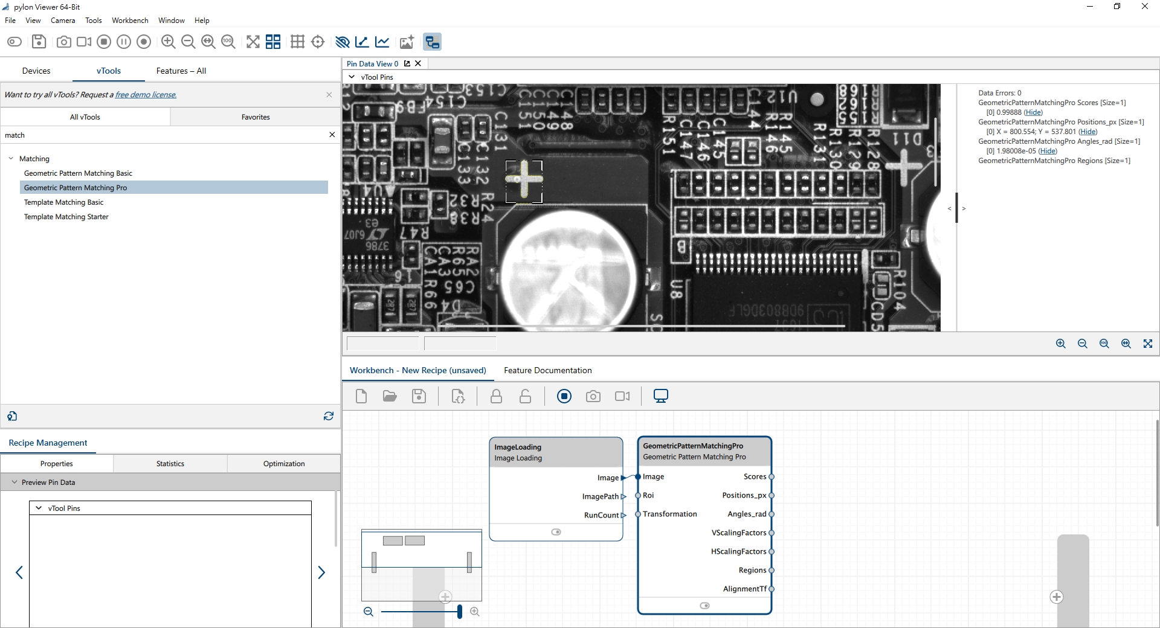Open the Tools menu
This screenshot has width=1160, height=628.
click(93, 21)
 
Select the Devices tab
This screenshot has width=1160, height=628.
click(36, 71)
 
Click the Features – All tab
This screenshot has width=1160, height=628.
click(181, 71)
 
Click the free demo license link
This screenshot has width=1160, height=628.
click(146, 95)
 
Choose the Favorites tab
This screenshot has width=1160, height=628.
click(255, 117)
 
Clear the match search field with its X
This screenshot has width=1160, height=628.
click(332, 135)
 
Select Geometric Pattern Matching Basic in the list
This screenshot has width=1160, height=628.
click(78, 173)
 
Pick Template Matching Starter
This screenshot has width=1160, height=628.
click(66, 217)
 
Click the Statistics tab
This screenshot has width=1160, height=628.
click(170, 464)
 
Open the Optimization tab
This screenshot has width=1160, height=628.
click(283, 464)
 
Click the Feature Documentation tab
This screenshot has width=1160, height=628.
click(547, 370)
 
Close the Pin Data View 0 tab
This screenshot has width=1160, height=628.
click(417, 63)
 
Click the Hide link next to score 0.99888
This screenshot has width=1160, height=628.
click(1033, 112)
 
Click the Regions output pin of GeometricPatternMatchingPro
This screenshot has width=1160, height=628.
click(772, 570)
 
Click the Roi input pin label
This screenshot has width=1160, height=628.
click(648, 495)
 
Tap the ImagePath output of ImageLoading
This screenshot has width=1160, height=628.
click(601, 496)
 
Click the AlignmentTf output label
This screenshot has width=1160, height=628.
click(744, 589)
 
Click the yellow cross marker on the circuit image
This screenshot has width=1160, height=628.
click(524, 179)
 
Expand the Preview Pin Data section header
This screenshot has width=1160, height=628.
click(48, 482)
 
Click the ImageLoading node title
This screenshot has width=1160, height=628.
click(518, 447)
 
